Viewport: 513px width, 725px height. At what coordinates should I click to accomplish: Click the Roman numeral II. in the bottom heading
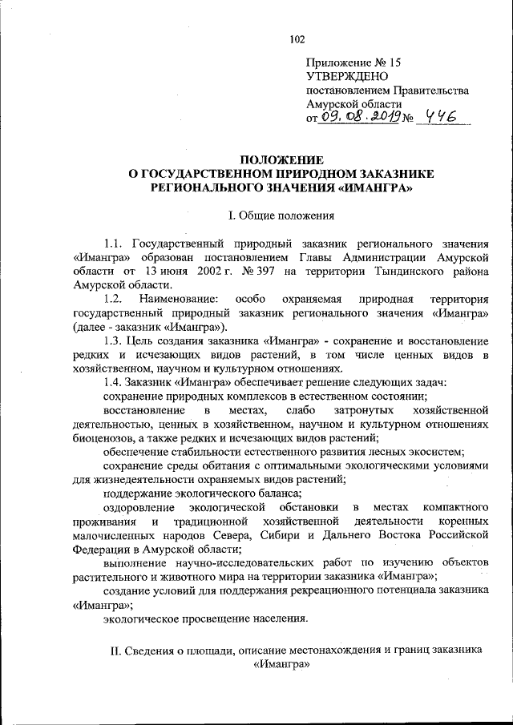pos(117,650)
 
